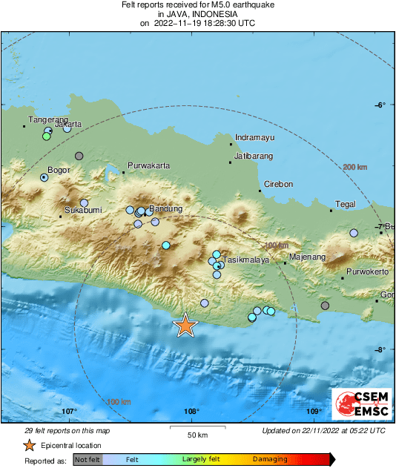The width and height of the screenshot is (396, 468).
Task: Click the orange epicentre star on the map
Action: (x=185, y=325)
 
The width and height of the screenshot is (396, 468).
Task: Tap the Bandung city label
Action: (x=166, y=209)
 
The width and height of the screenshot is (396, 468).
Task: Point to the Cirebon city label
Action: (x=280, y=184)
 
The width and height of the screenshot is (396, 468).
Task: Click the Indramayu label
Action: (x=254, y=138)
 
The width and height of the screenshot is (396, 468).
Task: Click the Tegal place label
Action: (x=346, y=204)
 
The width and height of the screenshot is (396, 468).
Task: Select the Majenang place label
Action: (x=307, y=257)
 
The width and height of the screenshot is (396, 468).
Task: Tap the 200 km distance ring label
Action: (x=355, y=168)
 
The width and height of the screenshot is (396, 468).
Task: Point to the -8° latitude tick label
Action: (x=380, y=349)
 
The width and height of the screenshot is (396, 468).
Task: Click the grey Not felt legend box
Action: (x=87, y=460)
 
